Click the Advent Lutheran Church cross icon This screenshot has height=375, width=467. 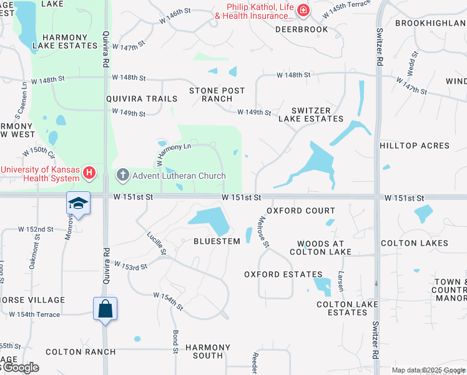tap(122, 175)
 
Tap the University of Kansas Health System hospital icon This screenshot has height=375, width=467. tap(90, 172)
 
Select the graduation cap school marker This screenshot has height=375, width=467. tap(79, 203)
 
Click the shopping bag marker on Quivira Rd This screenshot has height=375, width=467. tap(105, 309)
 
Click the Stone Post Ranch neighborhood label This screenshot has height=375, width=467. tap(217, 95)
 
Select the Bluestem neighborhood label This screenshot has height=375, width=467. tap(217, 241)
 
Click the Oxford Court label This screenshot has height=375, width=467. tap(301, 211)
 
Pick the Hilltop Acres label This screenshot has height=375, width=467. tap(415, 146)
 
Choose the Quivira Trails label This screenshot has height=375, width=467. tap(142, 99)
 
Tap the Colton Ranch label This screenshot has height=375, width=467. tap(81, 352)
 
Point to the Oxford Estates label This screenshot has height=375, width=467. tap(283, 274)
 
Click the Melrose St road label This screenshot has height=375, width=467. tap(262, 231)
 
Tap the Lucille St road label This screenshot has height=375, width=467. tap(156, 243)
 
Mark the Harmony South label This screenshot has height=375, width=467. tap(204, 351)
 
